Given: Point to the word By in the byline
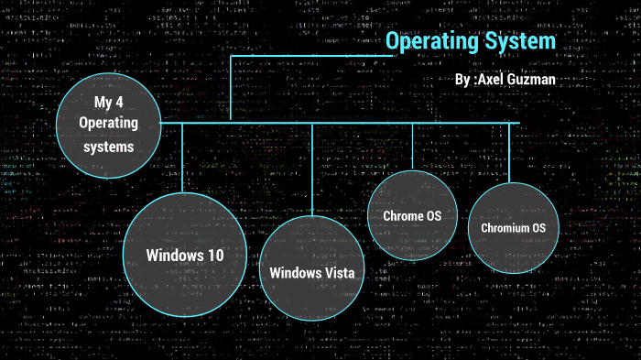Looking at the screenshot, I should tap(462, 81).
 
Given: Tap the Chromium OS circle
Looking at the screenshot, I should tap(513, 226).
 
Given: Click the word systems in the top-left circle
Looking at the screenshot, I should tap(107, 146).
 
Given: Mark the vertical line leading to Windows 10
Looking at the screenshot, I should tap(182, 156).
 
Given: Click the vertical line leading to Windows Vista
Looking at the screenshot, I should tap(312, 169).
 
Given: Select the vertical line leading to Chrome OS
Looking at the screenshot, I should tap(412, 146).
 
